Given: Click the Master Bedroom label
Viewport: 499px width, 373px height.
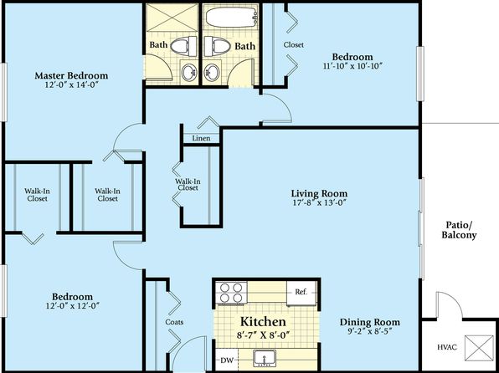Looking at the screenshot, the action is (x=71, y=75).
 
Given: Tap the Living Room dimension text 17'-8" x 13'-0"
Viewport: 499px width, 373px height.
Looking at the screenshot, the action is (x=319, y=202).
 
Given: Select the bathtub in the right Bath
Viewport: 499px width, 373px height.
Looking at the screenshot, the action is (x=231, y=17).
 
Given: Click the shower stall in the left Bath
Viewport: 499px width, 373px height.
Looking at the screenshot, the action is (x=172, y=18).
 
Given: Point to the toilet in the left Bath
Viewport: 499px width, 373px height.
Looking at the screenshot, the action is (x=183, y=45).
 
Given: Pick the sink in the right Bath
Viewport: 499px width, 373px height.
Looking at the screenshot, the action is (x=212, y=72).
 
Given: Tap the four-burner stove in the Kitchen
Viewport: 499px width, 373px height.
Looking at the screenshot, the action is (x=231, y=293).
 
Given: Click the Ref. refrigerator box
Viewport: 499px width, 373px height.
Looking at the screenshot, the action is (x=301, y=293).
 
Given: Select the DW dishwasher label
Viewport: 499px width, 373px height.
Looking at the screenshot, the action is (x=227, y=360).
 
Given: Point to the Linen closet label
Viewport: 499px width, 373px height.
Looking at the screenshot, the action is (x=201, y=138).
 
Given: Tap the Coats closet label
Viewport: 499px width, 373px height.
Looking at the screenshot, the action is (x=174, y=322).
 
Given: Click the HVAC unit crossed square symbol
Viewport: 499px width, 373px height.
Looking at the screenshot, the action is (x=479, y=348).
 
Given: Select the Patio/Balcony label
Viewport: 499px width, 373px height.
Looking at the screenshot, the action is (x=459, y=230).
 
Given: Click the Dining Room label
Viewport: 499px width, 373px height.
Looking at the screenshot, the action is (x=370, y=322).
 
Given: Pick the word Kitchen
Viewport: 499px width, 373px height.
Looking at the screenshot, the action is (x=263, y=321).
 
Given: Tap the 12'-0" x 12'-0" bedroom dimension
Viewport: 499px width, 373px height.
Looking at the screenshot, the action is (x=73, y=306).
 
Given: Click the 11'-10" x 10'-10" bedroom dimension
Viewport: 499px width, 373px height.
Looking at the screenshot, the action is (x=352, y=66).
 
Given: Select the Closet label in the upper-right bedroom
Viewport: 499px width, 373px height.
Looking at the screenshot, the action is (x=293, y=45).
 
